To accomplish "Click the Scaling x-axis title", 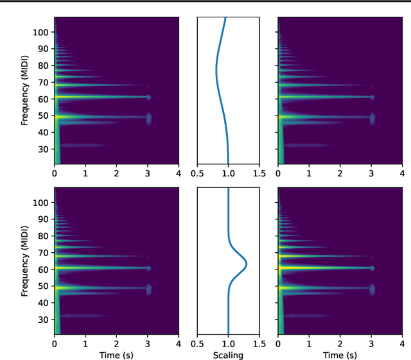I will click(228, 354).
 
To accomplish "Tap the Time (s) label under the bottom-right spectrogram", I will click(340, 354).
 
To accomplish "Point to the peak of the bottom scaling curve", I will click(247, 264).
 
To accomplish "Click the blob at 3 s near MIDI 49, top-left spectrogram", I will click(148, 118).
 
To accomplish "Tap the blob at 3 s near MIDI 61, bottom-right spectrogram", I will click(372, 268).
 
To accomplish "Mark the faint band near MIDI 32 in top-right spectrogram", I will click(302, 145).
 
